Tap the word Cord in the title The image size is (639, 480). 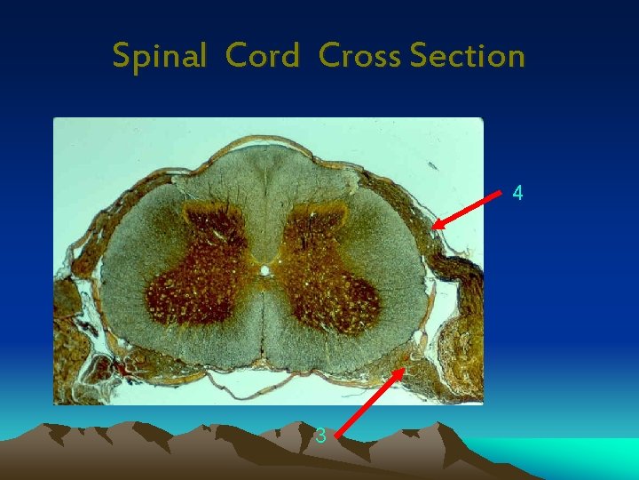[x=264, y=55]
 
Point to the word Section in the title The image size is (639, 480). [x=468, y=55]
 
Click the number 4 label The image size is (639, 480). [x=518, y=192]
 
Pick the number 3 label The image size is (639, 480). [x=320, y=436]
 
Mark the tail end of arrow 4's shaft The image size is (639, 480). [x=501, y=192]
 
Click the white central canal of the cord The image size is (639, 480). [x=264, y=268]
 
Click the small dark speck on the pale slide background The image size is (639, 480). [x=433, y=165]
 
